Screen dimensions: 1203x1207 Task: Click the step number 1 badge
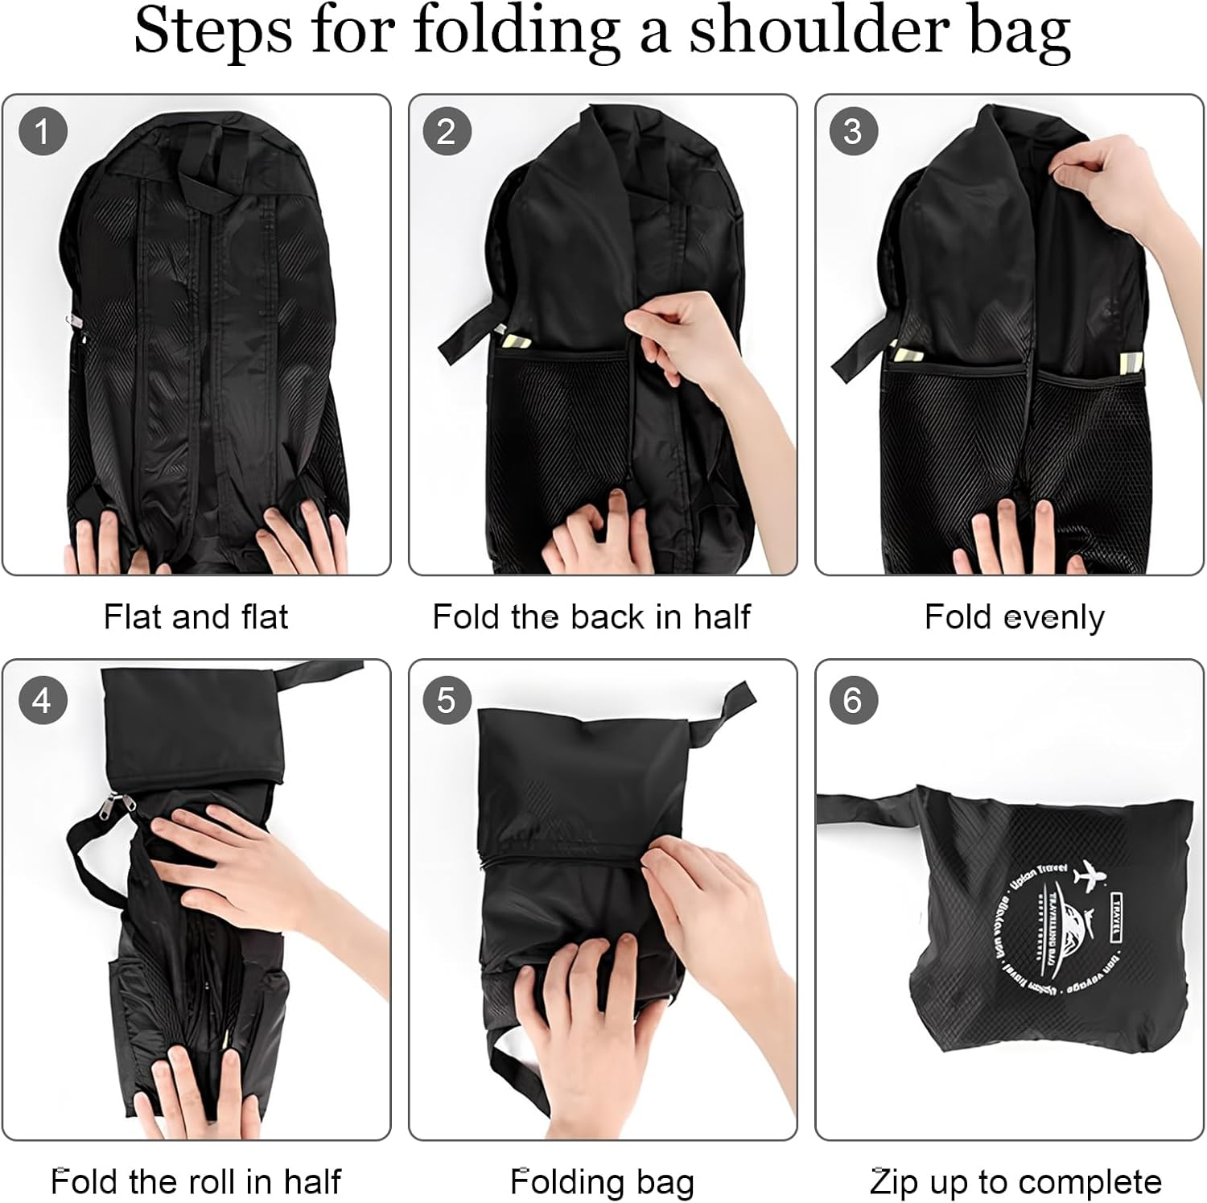(x=42, y=131)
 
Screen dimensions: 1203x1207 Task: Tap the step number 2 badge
(x=446, y=131)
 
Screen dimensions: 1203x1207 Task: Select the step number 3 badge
(x=853, y=131)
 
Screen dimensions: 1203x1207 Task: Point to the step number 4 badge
(x=42, y=700)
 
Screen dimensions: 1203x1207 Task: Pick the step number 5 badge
(x=446, y=700)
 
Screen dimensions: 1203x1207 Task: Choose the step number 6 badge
(x=853, y=700)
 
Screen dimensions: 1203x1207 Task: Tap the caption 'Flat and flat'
(x=196, y=617)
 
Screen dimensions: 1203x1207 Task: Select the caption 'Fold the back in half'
(x=591, y=617)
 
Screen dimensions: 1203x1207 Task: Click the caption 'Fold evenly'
(x=1014, y=617)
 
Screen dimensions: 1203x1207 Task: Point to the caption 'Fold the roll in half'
(x=196, y=1182)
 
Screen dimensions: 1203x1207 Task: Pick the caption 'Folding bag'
(x=602, y=1182)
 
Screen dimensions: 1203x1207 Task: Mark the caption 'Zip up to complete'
(x=1015, y=1182)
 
